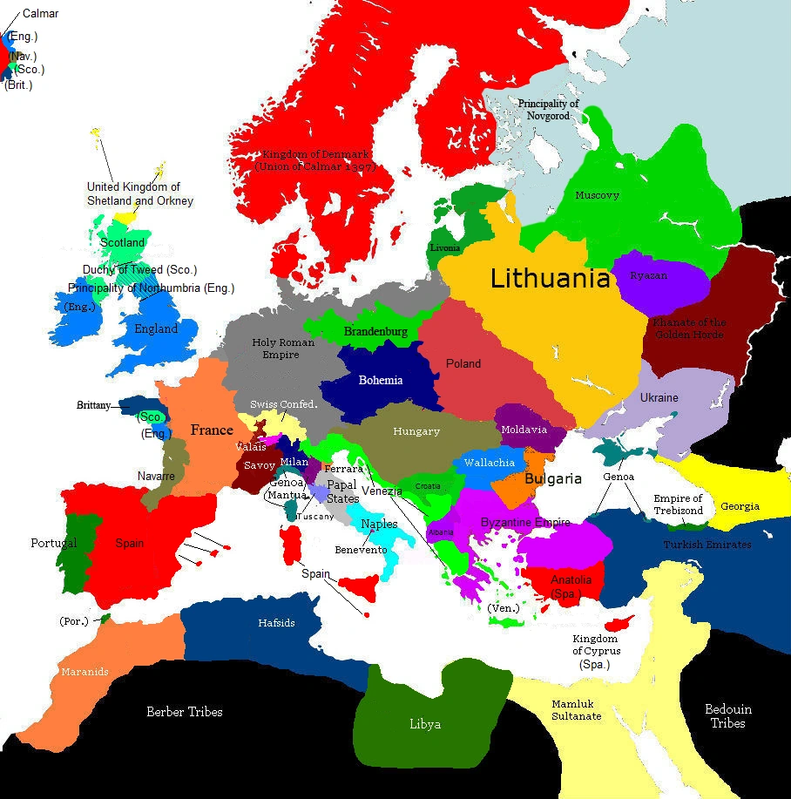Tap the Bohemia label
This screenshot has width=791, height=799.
tap(381, 380)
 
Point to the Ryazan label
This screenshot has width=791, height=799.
tap(649, 276)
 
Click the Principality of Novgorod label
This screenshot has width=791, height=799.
tap(549, 110)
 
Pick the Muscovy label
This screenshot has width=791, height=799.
tap(598, 195)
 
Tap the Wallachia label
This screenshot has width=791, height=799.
tap(490, 463)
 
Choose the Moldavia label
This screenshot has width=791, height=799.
tap(524, 430)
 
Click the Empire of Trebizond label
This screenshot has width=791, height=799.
tap(679, 504)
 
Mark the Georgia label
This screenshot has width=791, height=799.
tap(740, 506)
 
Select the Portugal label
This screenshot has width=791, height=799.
tap(54, 543)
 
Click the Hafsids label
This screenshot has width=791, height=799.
tap(276, 623)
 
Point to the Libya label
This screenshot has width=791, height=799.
tap(425, 724)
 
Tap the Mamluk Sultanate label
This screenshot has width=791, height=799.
tap(576, 710)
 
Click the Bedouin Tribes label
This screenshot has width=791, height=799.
tap(727, 716)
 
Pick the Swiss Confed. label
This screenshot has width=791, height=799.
tap(284, 404)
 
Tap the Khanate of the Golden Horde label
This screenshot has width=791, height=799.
tap(690, 328)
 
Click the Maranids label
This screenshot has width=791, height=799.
tap(85, 672)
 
